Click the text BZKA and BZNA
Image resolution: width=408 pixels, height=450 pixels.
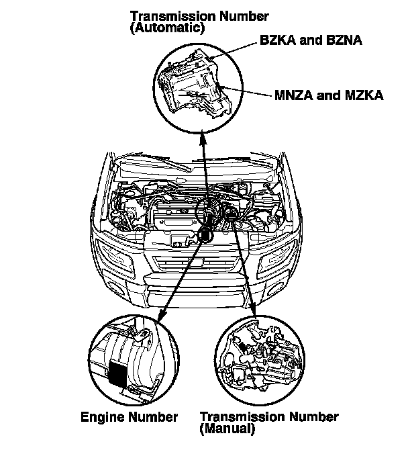tap(311, 41)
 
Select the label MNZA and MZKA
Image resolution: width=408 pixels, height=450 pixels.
tap(329, 95)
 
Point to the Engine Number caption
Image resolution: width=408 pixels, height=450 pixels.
tap(129, 417)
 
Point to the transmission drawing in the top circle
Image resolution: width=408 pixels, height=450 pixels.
tap(195, 87)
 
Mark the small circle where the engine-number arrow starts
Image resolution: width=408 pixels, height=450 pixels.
tap(206, 235)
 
